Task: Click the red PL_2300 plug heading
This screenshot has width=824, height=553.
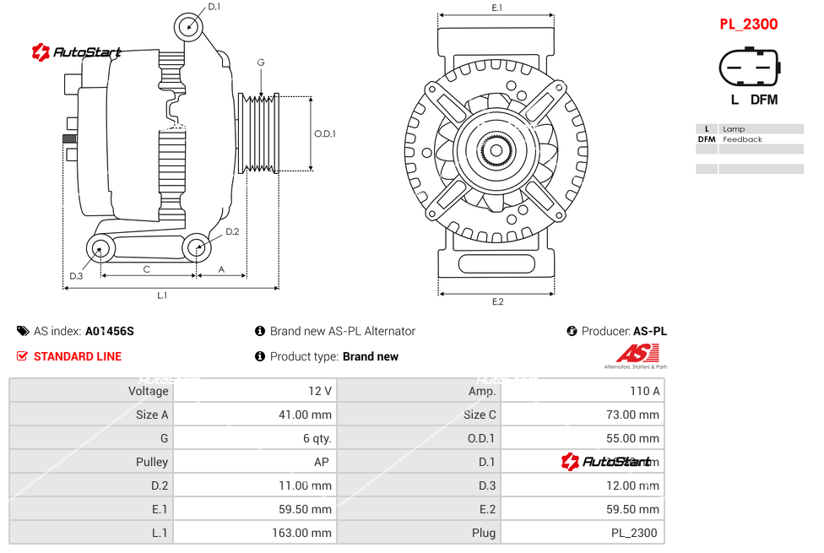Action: click(x=748, y=24)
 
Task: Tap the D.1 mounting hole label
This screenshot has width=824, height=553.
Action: click(x=214, y=7)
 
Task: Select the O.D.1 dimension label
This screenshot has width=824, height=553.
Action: click(x=325, y=133)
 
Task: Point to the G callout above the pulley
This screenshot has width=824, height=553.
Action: click(x=261, y=62)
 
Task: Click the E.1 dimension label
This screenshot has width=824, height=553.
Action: click(x=497, y=8)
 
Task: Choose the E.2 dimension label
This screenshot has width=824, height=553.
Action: click(x=497, y=301)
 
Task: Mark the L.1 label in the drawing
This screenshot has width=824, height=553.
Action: click(x=162, y=295)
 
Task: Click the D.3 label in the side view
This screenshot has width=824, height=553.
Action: click(x=76, y=276)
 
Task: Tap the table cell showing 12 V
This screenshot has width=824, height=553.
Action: click(x=321, y=391)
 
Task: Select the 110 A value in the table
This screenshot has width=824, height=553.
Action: click(x=645, y=391)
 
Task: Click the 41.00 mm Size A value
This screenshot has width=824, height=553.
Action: click(x=309, y=415)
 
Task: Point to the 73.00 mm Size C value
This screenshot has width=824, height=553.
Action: click(x=637, y=415)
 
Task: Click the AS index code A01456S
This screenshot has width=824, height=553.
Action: click(x=109, y=331)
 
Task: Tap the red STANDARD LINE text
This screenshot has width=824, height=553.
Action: click(x=78, y=356)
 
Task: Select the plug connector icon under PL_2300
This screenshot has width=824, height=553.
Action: click(x=749, y=67)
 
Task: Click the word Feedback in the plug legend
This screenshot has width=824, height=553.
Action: click(x=742, y=139)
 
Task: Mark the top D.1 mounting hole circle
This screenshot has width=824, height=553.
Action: click(x=189, y=26)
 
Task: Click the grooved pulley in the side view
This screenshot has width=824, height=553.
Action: click(x=259, y=133)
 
